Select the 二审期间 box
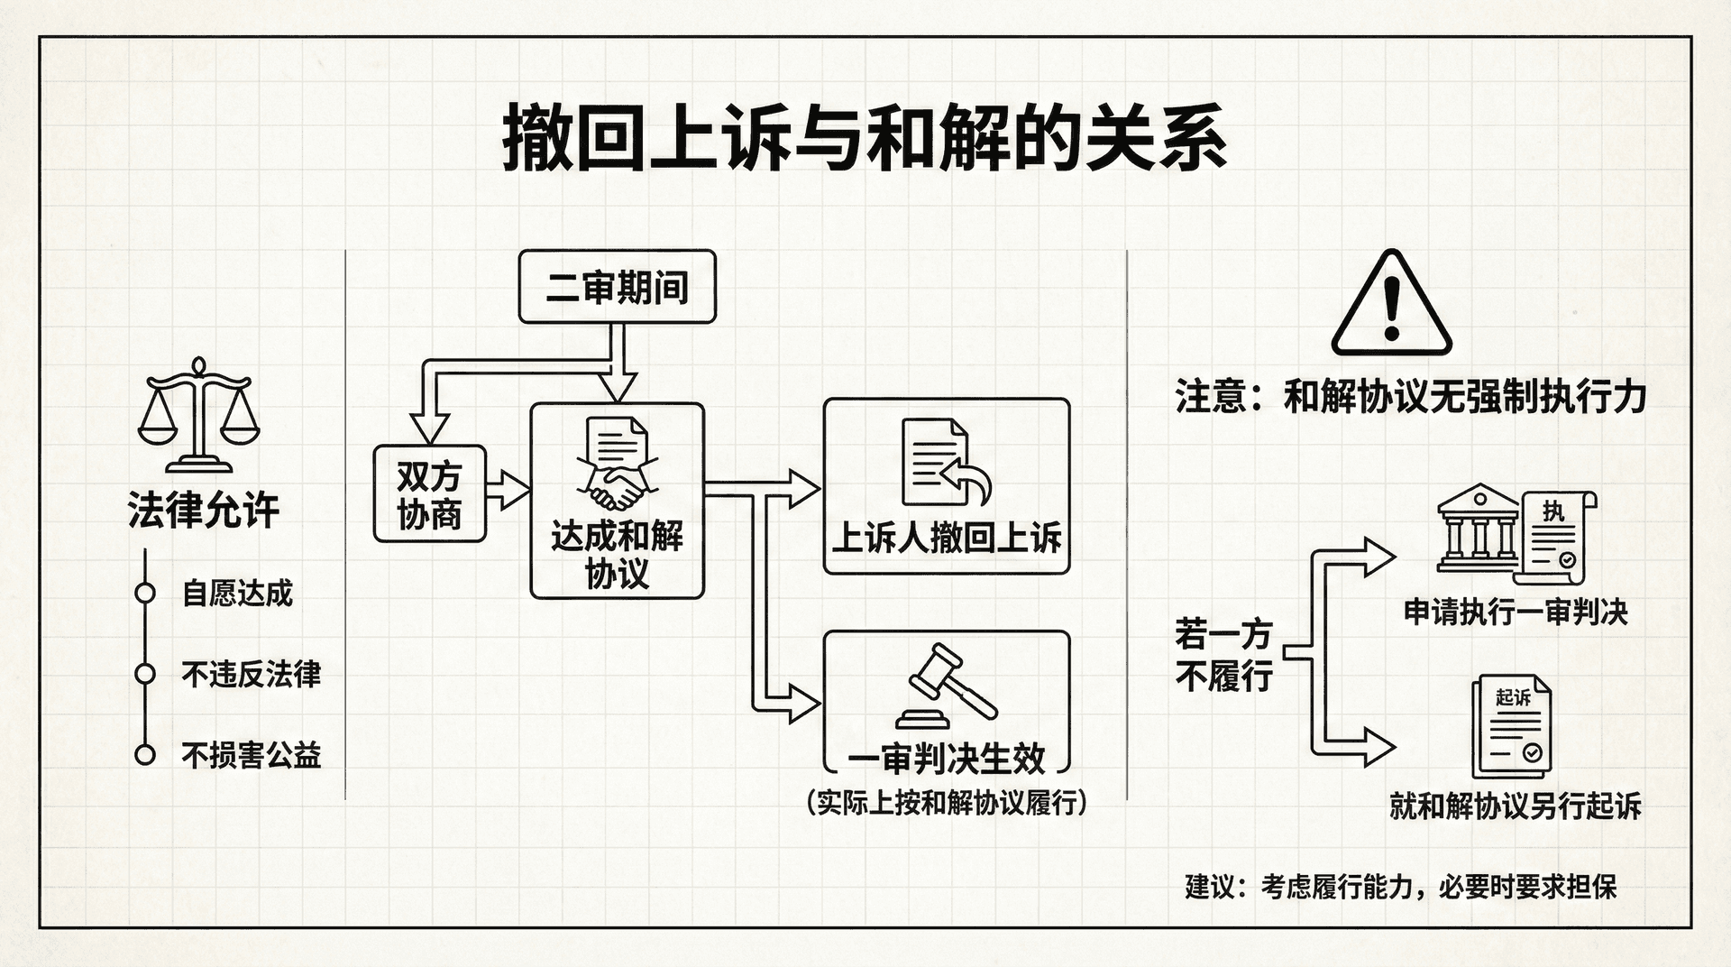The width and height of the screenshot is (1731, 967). click(617, 288)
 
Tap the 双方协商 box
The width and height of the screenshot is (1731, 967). click(429, 494)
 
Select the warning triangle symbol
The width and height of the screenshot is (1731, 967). click(1391, 305)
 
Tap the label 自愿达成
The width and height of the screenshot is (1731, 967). click(237, 594)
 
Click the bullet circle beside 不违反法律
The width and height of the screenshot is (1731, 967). click(144, 674)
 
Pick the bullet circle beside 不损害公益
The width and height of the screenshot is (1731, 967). click(144, 755)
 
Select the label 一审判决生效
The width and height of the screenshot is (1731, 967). click(946, 759)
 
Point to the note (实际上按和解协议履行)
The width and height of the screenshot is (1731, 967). click(946, 802)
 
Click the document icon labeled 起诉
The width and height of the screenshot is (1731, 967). click(1513, 727)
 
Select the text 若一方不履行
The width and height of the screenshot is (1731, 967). click(1223, 655)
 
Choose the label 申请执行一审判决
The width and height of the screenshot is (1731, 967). click(1516, 612)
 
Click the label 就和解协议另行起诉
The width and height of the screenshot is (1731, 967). click(1515, 806)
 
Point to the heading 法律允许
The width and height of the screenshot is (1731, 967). click(204, 511)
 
